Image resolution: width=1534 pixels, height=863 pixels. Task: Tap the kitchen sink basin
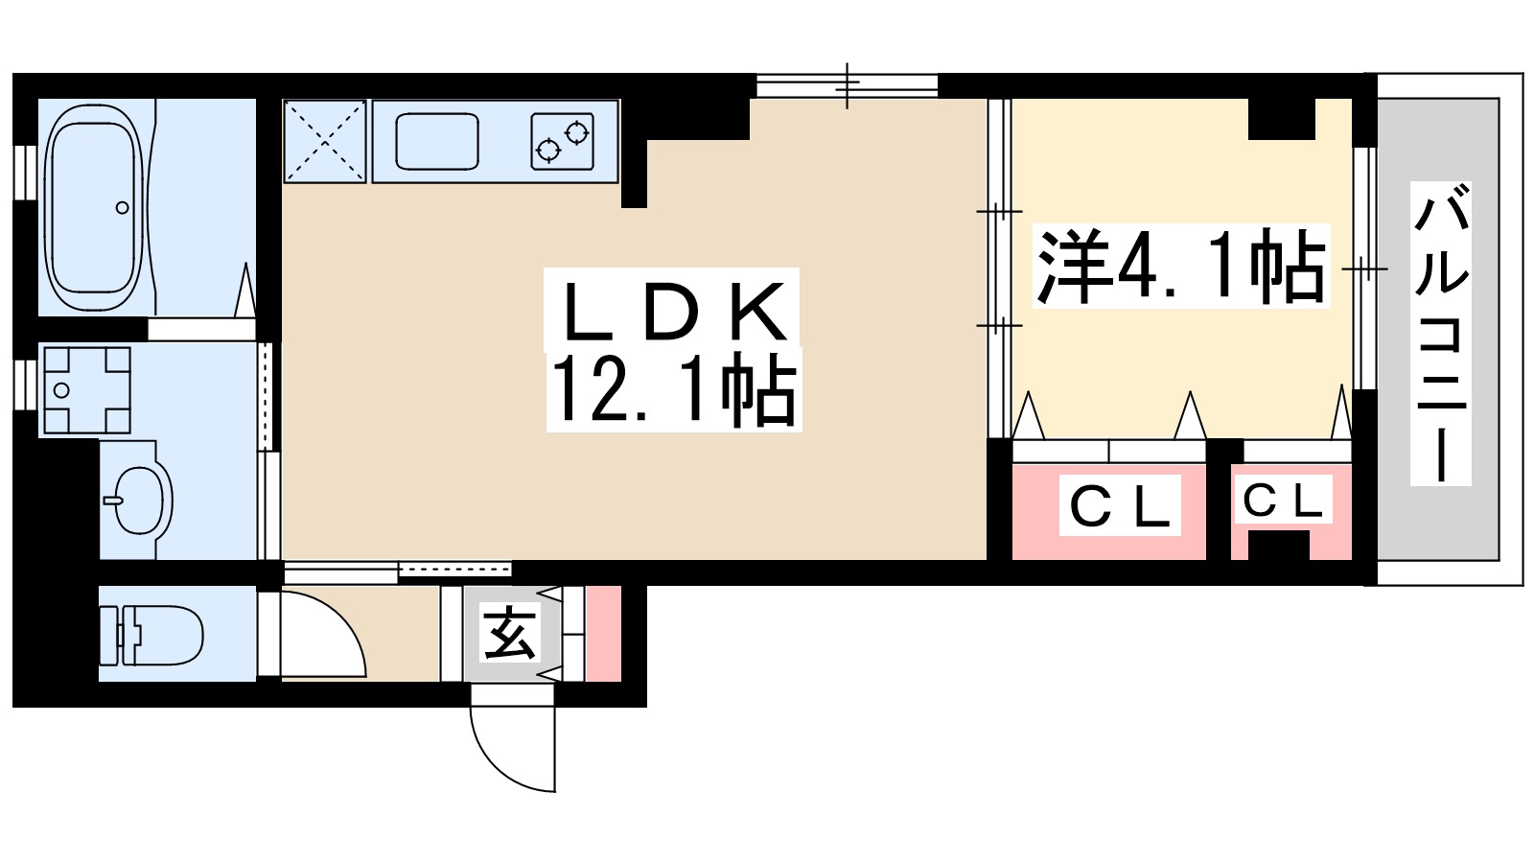tap(437, 142)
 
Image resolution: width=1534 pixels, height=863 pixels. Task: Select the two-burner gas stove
tap(562, 141)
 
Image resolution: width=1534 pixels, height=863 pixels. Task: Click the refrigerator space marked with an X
tap(325, 141)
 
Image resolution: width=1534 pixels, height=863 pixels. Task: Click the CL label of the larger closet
tap(1119, 508)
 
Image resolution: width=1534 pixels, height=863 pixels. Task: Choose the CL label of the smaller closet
tap(1282, 500)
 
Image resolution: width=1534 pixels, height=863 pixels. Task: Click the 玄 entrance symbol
tap(509, 634)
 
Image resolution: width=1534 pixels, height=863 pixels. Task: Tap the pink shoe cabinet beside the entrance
tap(603, 633)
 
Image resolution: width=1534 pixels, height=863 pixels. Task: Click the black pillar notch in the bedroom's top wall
tap(1282, 118)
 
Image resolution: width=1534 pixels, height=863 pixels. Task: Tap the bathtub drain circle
tap(122, 207)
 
